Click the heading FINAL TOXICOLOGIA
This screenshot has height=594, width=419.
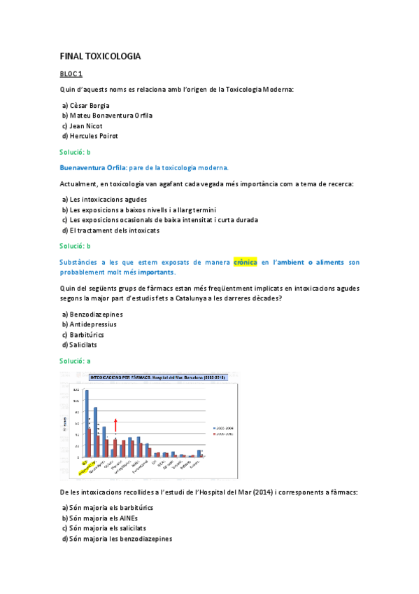100,55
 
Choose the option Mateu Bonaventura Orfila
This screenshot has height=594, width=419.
107,115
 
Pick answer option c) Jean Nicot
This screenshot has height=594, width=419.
83,125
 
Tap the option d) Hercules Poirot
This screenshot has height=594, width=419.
90,135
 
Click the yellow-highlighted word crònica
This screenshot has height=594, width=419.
245,262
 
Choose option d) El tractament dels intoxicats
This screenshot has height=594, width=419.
111,230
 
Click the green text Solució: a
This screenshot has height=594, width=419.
75,361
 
